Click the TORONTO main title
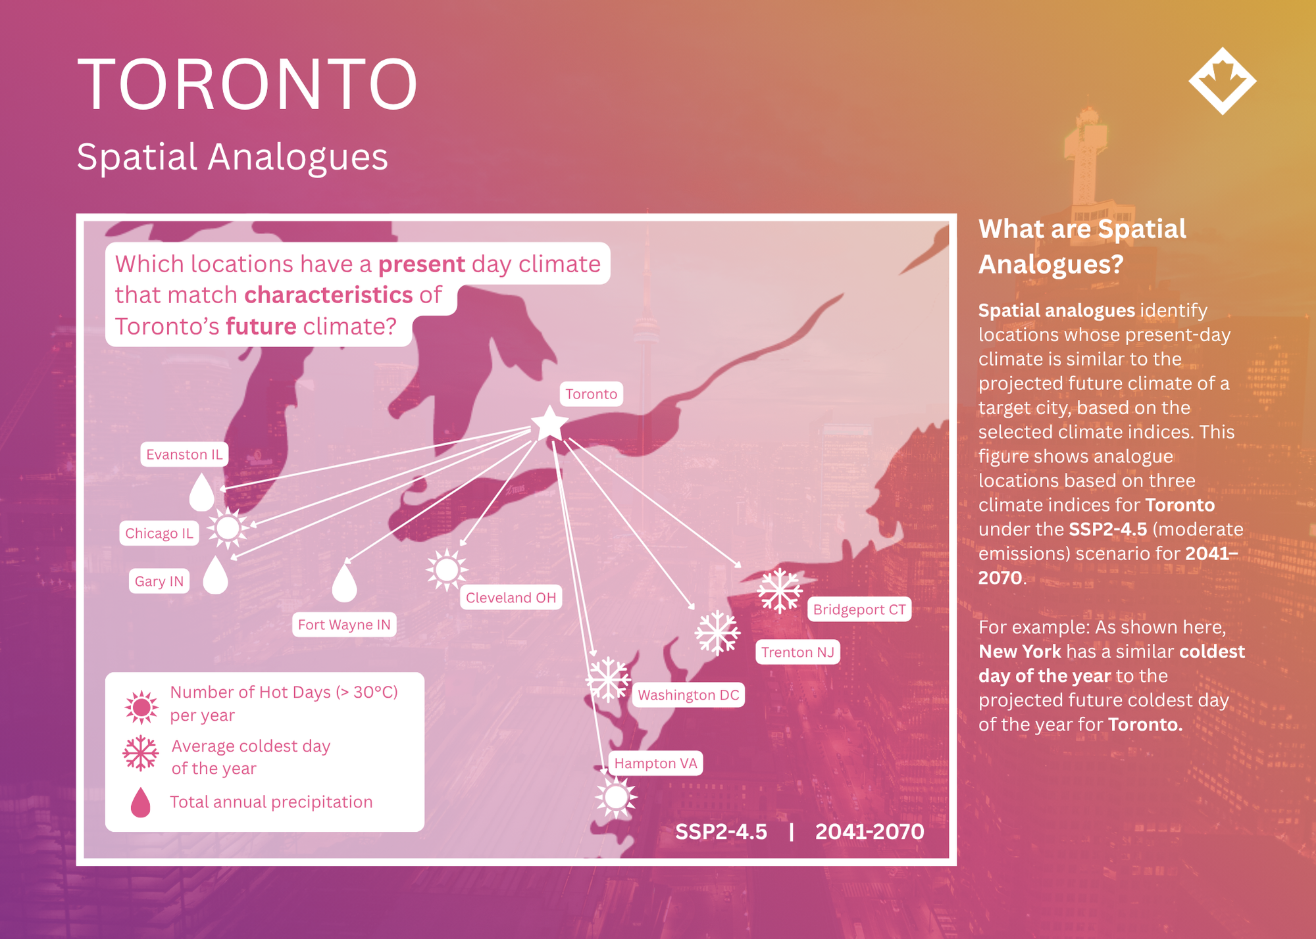pyautogui.click(x=247, y=84)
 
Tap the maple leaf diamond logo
pyautogui.click(x=1223, y=81)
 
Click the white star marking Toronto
pyautogui.click(x=549, y=424)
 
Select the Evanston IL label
pyautogui.click(x=184, y=454)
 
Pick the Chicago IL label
pyautogui.click(x=159, y=533)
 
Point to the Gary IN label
pyautogui.click(x=159, y=581)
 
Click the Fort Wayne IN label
pyautogui.click(x=344, y=625)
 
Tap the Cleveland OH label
pyautogui.click(x=511, y=598)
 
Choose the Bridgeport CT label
pyautogui.click(x=859, y=610)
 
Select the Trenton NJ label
pyautogui.click(x=797, y=652)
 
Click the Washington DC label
pyautogui.click(x=688, y=695)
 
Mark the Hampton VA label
pyautogui.click(x=655, y=763)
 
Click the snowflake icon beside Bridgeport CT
pyautogui.click(x=780, y=590)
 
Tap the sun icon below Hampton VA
pyautogui.click(x=616, y=798)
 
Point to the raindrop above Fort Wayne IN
pyautogui.click(x=344, y=583)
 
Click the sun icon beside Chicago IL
pyautogui.click(x=228, y=527)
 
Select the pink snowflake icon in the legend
pyautogui.click(x=141, y=754)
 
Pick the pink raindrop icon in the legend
pyautogui.click(x=141, y=802)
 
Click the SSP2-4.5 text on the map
pyautogui.click(x=721, y=832)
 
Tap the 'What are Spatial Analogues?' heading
pyautogui.click(x=1082, y=247)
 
